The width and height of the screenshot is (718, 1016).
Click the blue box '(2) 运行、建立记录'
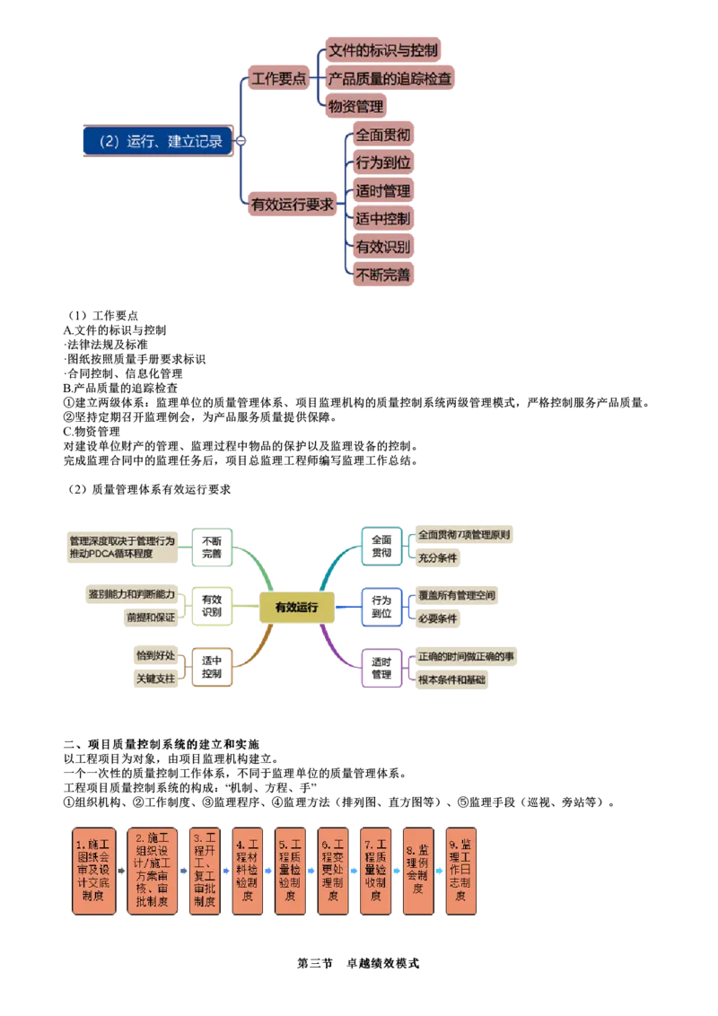tap(156, 141)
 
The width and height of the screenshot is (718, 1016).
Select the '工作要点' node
tap(277, 78)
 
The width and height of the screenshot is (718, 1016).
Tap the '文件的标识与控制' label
tap(383, 50)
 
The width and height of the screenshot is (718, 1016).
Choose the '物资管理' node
tap(355, 107)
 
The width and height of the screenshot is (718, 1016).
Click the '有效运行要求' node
tap(292, 204)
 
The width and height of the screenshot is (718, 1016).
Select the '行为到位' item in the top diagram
tap(383, 162)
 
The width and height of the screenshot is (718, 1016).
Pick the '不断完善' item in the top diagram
tap(383, 275)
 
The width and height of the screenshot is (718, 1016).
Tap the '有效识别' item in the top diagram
tap(383, 246)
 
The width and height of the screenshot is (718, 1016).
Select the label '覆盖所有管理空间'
tap(455, 595)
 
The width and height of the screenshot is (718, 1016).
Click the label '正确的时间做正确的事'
tap(466, 657)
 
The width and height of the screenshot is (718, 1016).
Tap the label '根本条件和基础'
tap(451, 680)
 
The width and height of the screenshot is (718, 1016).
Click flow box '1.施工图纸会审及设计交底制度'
tap(92, 871)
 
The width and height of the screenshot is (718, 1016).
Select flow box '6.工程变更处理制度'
tap(333, 871)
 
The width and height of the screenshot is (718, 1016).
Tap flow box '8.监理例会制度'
tap(418, 871)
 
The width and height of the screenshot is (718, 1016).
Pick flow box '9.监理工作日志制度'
tap(461, 871)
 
